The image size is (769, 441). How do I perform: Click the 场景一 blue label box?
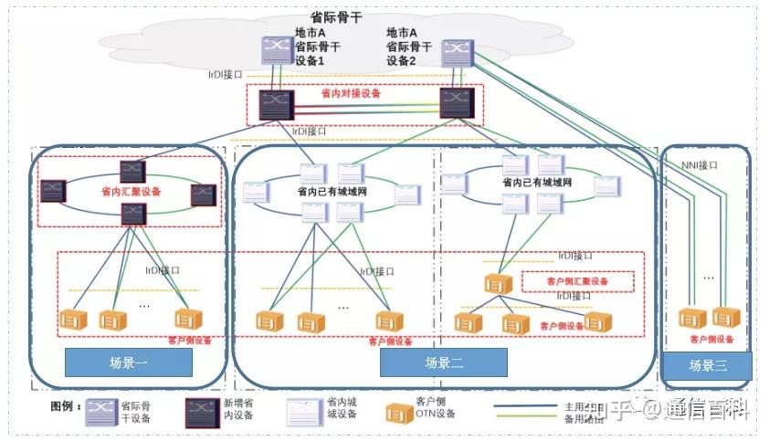pos(128,362)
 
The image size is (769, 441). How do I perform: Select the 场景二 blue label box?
pos(444,362)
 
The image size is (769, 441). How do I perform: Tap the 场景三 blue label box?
pos(707,365)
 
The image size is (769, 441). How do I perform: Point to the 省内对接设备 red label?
pos(351,93)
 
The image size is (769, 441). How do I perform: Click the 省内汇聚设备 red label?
pos(131,193)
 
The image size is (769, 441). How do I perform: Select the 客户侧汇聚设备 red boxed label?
pos(577,281)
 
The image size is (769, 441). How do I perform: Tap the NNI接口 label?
pos(701,165)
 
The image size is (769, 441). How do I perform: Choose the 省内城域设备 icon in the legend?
pos(302,412)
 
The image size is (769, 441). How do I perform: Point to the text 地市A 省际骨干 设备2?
pos(408,47)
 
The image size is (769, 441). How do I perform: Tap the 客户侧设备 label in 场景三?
pos(712,339)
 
